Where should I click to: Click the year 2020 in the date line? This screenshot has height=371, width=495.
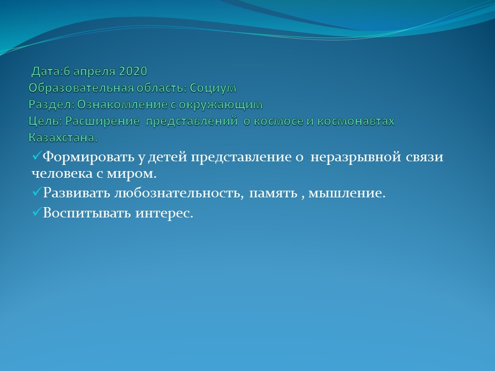tap(133, 71)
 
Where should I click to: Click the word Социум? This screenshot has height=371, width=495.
tap(213, 88)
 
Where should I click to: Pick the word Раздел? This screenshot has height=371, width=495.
tap(52, 105)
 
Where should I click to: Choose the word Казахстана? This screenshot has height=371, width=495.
tap(63, 138)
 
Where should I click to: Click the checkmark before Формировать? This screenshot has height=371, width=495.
tap(37, 155)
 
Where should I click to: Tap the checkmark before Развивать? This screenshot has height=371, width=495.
tap(37, 191)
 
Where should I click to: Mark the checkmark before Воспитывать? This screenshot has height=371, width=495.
tap(37, 211)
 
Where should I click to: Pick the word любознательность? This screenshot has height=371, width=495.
tap(179, 193)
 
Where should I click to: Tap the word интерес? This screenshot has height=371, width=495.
tap(164, 213)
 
